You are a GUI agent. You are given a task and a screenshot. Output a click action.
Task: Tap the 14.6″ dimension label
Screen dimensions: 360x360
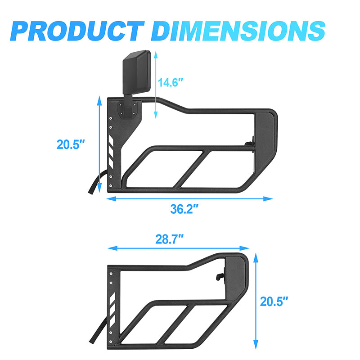[171, 83]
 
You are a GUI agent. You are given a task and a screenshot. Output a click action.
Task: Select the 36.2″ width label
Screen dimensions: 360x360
[184, 209]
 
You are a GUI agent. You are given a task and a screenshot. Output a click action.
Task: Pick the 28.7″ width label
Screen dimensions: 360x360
[170, 238]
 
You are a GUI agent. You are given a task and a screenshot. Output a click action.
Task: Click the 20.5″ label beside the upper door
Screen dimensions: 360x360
[71, 144]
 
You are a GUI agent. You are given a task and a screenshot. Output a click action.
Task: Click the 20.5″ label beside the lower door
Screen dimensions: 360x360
[274, 301]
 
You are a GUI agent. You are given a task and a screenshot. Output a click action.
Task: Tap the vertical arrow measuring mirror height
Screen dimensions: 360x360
[156, 85]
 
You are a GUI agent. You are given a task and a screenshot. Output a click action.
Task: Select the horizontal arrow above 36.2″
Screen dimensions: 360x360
[189, 198]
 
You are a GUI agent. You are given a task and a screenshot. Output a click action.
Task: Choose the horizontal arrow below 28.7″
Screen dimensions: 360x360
[179, 248]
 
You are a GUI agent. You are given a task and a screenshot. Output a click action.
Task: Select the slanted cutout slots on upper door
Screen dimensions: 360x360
[111, 151]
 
